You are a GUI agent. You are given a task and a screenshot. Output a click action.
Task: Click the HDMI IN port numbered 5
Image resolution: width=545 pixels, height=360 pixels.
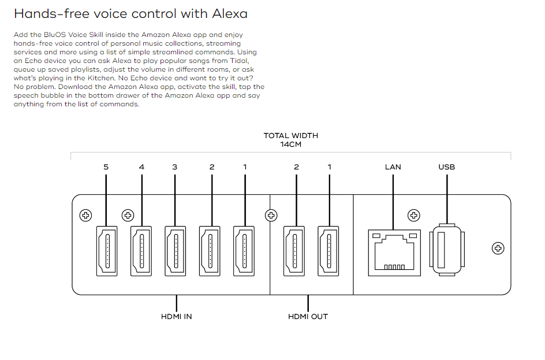107,250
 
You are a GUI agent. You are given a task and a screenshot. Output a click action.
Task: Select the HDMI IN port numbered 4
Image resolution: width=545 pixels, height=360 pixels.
141,250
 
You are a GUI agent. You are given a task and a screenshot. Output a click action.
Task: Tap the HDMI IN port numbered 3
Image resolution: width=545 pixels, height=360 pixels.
176,250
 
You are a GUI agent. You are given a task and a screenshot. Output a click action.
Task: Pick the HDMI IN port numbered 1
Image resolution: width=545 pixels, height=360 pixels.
244,250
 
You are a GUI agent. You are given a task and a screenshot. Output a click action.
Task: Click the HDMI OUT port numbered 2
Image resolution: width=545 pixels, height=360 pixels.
294,250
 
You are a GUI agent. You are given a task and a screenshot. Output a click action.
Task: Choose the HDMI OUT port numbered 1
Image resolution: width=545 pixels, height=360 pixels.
329,250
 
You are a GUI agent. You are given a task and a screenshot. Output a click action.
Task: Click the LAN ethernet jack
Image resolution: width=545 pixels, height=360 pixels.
392,251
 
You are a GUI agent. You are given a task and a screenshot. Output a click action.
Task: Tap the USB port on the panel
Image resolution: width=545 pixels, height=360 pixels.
446,251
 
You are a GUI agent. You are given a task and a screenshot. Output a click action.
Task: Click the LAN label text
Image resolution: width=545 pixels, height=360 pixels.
393,167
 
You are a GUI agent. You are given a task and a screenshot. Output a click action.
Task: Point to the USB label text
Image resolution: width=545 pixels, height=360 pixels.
446,167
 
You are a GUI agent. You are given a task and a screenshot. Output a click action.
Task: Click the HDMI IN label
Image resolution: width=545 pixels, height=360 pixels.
177,316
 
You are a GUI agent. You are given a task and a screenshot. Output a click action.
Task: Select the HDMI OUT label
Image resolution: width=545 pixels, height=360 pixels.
308,316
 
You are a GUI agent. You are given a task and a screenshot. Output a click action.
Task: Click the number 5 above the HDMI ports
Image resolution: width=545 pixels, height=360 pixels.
106,167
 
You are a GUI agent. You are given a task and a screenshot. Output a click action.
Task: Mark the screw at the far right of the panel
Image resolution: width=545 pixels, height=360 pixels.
498,248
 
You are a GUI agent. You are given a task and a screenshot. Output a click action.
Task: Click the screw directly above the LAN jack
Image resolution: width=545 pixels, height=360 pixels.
413,216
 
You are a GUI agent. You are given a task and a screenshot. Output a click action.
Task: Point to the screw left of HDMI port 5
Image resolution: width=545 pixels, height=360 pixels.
85,216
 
